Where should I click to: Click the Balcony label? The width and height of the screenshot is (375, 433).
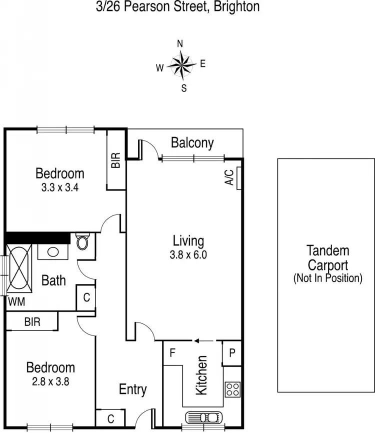(x=192, y=143)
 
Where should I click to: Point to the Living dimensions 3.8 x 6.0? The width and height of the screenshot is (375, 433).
(x=188, y=254)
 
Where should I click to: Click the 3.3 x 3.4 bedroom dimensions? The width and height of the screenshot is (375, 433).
(x=59, y=188)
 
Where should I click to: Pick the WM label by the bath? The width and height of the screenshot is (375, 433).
(x=15, y=302)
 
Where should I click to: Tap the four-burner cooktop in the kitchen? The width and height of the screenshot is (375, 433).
(x=232, y=389)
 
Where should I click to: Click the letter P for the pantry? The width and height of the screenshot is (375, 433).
(x=232, y=352)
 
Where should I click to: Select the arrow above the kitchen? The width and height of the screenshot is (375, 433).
(x=203, y=341)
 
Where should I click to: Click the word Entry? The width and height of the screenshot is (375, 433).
(x=132, y=389)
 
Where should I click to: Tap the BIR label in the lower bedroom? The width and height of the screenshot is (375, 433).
(x=31, y=321)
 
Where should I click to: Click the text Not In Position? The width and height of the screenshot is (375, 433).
(x=327, y=278)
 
